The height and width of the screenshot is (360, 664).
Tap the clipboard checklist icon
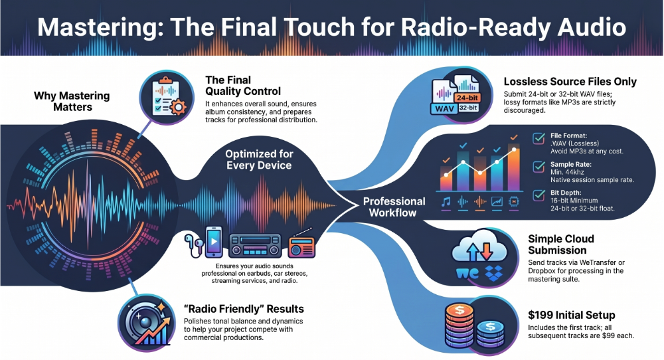pos(167,97)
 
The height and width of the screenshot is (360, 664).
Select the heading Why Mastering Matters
pos(72,101)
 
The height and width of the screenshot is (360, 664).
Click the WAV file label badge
pos(444,109)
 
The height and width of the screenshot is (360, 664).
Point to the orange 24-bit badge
pos(467,98)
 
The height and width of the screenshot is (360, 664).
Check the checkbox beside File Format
pos(539,139)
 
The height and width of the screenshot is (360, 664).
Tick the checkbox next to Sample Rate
pos(539,167)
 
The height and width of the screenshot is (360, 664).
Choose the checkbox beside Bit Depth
pos(539,195)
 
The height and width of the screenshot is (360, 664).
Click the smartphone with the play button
pos(214,242)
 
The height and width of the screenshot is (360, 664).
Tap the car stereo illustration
pos(255,246)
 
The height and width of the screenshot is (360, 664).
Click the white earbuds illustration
pos(193,245)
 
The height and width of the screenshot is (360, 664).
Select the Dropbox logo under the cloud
pos(493,273)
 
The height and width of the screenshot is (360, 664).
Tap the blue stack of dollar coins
pos(491,333)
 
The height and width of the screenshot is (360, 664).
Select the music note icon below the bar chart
pos(446,202)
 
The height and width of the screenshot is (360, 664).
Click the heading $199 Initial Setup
pos(571,315)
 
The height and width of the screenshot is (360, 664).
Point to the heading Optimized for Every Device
pos(259,159)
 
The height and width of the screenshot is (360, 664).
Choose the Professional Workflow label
pos(394,207)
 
